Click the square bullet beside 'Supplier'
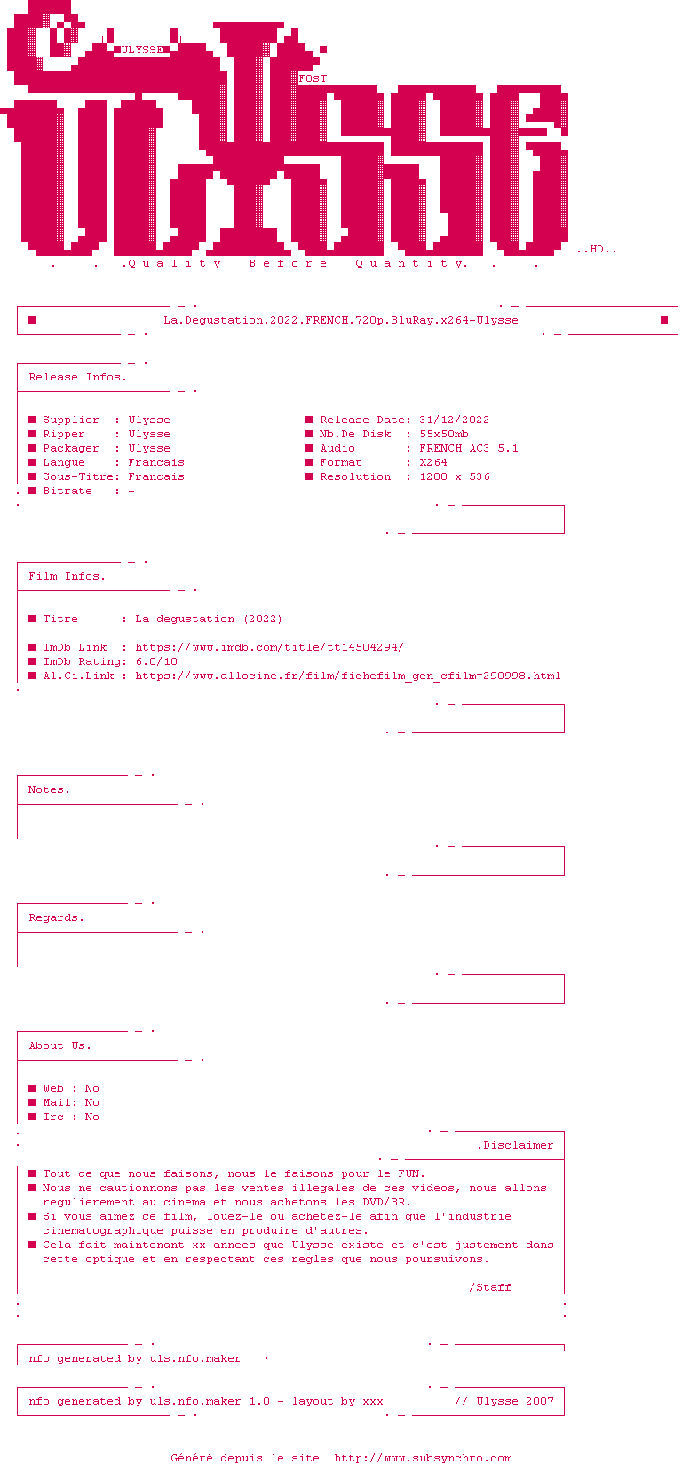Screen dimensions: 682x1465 [x=32, y=420]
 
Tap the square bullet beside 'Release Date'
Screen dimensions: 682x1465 [x=309, y=420]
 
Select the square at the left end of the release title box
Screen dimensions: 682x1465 [x=32, y=320]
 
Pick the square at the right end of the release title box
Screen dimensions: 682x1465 [x=664, y=320]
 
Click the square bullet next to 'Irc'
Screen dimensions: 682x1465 [x=32, y=1117]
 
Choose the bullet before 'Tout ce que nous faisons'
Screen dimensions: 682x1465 [x=32, y=1173]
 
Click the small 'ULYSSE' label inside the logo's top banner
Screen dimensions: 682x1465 [x=142, y=50]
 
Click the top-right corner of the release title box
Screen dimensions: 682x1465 [x=678, y=306]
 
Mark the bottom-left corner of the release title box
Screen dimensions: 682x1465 [x=18, y=334]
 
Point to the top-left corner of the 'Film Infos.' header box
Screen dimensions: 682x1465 [x=18, y=562]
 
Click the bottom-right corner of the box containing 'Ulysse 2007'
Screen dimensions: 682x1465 [x=564, y=1415]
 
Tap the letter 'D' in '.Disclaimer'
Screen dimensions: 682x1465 [x=487, y=1145]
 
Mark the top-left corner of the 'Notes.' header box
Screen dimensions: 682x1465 [x=18, y=776]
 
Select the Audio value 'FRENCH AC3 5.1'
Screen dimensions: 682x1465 [x=469, y=448]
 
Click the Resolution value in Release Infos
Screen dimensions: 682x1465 [x=455, y=476]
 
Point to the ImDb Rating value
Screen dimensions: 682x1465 [x=157, y=662]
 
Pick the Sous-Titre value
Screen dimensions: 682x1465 [x=156, y=476]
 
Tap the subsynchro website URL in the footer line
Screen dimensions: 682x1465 [x=424, y=1458]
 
